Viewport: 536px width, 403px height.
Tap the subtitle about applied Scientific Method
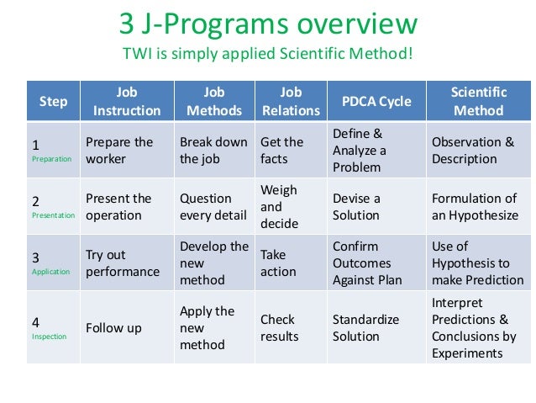pyautogui.click(x=268, y=56)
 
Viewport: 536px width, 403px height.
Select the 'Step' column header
pyautogui.click(x=53, y=101)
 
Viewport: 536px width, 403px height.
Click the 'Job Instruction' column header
pyautogui.click(x=127, y=101)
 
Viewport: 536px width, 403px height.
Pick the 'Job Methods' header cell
pyautogui.click(x=213, y=101)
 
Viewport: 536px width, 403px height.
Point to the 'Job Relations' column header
pyautogui.click(x=290, y=101)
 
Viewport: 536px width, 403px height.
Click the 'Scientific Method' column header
pyautogui.click(x=478, y=101)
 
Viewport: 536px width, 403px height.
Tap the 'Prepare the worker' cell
pyautogui.click(x=119, y=150)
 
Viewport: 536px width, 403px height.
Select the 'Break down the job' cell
pyautogui.click(x=213, y=150)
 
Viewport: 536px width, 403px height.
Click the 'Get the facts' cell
pyautogui.click(x=282, y=150)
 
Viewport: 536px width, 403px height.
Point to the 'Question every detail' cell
pyautogui.click(x=213, y=207)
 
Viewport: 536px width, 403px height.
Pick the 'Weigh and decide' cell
pyautogui.click(x=279, y=206)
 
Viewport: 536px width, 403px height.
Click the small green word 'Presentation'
pyautogui.click(x=52, y=215)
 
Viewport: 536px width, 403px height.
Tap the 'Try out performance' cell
pyautogui.click(x=123, y=263)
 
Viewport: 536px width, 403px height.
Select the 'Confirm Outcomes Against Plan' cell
pyautogui.click(x=368, y=263)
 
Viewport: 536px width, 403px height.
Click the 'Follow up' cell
pyautogui.click(x=113, y=327)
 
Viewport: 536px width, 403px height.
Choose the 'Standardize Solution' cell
pyautogui.click(x=366, y=327)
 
